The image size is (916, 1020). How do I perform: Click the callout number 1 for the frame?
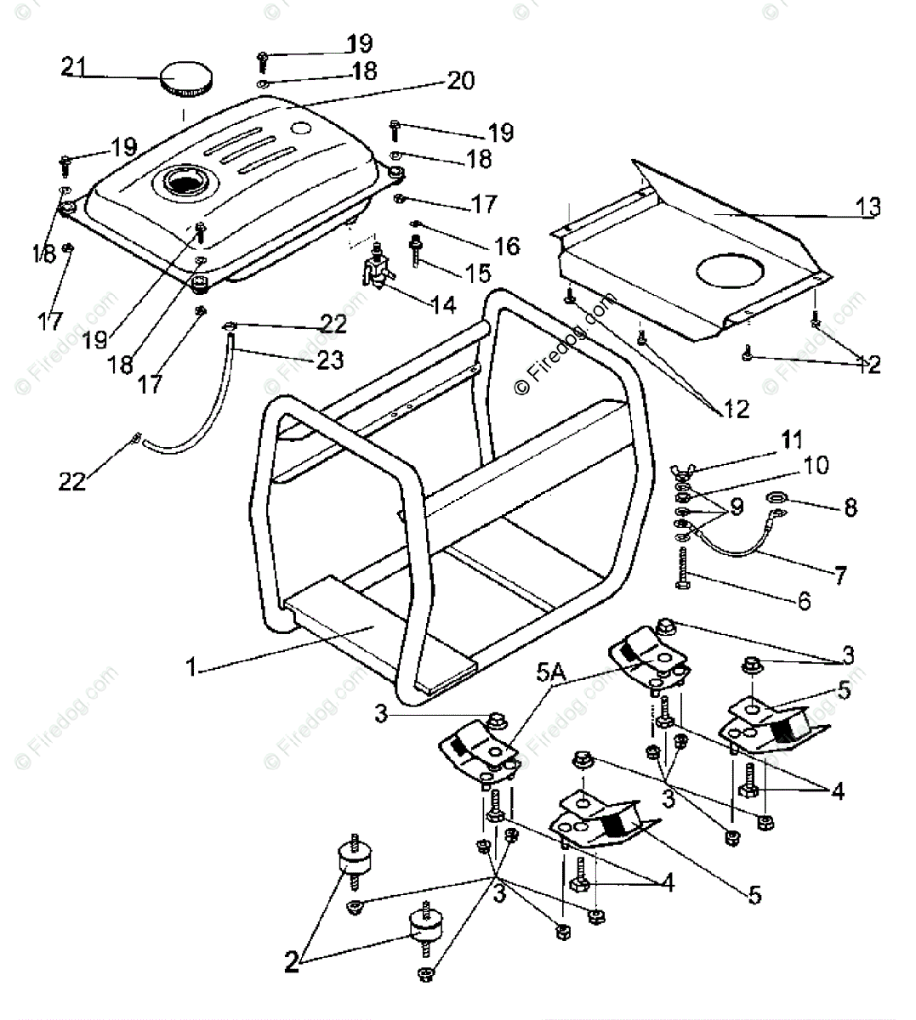click(193, 669)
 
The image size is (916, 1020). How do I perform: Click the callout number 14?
click(443, 303)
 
